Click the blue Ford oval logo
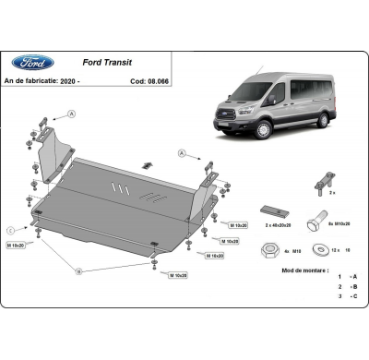pyautogui.click(x=32, y=63)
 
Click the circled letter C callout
pyautogui.click(x=10, y=229)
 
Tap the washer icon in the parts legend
pyautogui.click(x=320, y=246)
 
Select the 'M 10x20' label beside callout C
pyautogui.click(x=18, y=246)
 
